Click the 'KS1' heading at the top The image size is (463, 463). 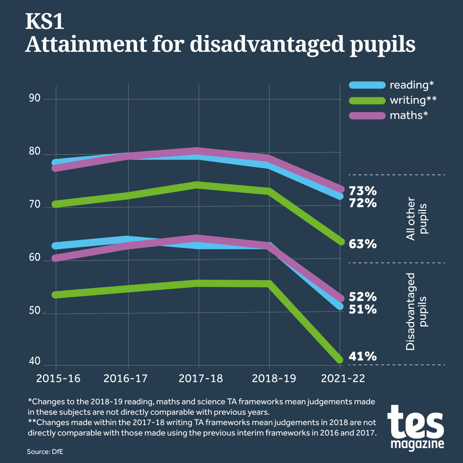tap(44, 22)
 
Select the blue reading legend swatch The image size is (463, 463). tap(367, 85)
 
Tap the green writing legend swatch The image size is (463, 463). tap(367, 101)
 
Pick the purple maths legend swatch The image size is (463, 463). tap(367, 116)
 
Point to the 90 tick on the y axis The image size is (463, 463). tap(35, 98)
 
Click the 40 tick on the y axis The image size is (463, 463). tap(35, 361)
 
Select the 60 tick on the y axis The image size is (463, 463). tap(35, 257)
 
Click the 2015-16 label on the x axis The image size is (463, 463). tap(58, 379)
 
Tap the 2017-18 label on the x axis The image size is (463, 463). tap(201, 379)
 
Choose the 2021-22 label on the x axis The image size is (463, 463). tap(343, 379)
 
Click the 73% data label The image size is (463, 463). tap(363, 191)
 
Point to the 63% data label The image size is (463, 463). tap(363, 244)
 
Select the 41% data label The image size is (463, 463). tap(363, 357)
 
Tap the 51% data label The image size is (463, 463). tap(363, 309)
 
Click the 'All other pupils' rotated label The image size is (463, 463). tap(417, 219)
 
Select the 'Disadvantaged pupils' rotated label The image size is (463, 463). tap(417, 312)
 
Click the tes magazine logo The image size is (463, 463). tap(416, 427)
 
